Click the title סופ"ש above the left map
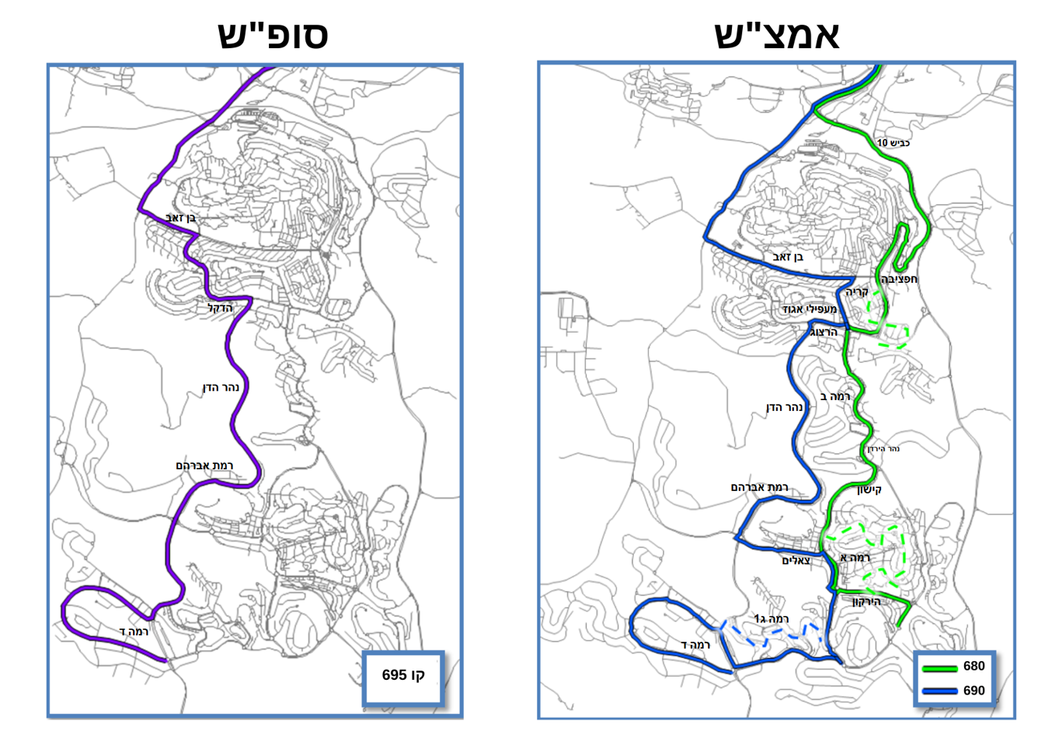coord(273,35)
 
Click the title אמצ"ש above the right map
coord(776,35)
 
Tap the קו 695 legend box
coord(403,675)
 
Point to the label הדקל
coord(220,308)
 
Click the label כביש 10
coord(893,143)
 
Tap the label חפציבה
coord(899,279)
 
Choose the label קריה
coord(857,292)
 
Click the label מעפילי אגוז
coord(810,309)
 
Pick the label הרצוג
coord(824,332)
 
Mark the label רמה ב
coord(835,396)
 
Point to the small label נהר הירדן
coord(883,449)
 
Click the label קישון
coord(869,489)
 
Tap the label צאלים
coord(796,560)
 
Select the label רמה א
coord(855,558)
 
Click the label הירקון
coord(866,601)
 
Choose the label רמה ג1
coord(772,618)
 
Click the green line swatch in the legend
coord(939,667)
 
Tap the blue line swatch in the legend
coord(939,691)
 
